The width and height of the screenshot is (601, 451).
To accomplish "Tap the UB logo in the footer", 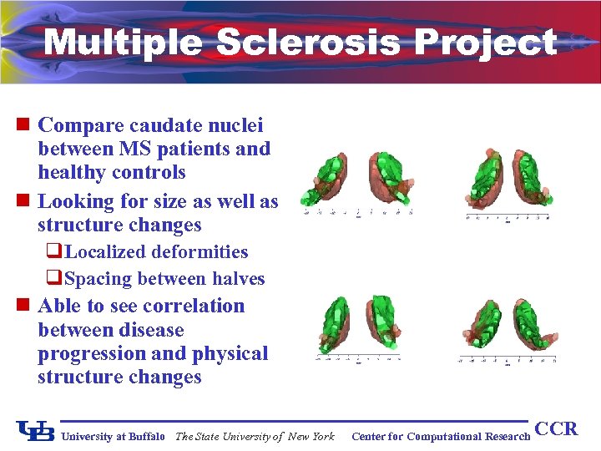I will click(36, 431).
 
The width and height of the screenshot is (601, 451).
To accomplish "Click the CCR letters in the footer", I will click(556, 429).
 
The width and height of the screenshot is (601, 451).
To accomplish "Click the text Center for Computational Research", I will click(441, 436).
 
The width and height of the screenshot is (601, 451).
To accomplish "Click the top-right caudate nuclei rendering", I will click(508, 177).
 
